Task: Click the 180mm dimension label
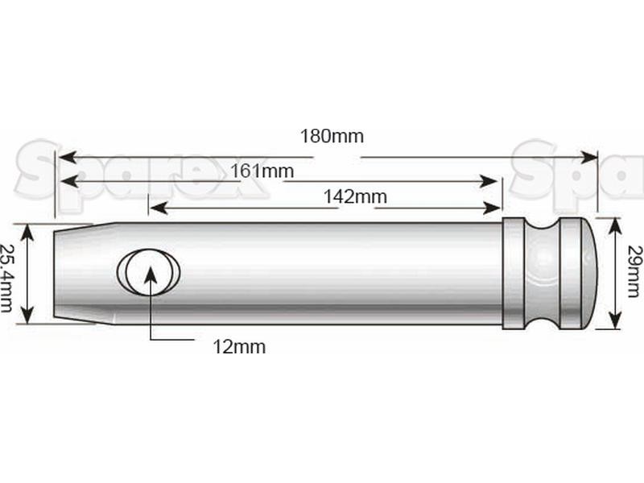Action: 332,136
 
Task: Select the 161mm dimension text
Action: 261,171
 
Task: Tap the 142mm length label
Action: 355,196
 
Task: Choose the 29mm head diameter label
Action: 633,272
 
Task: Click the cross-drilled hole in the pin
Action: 149,270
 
